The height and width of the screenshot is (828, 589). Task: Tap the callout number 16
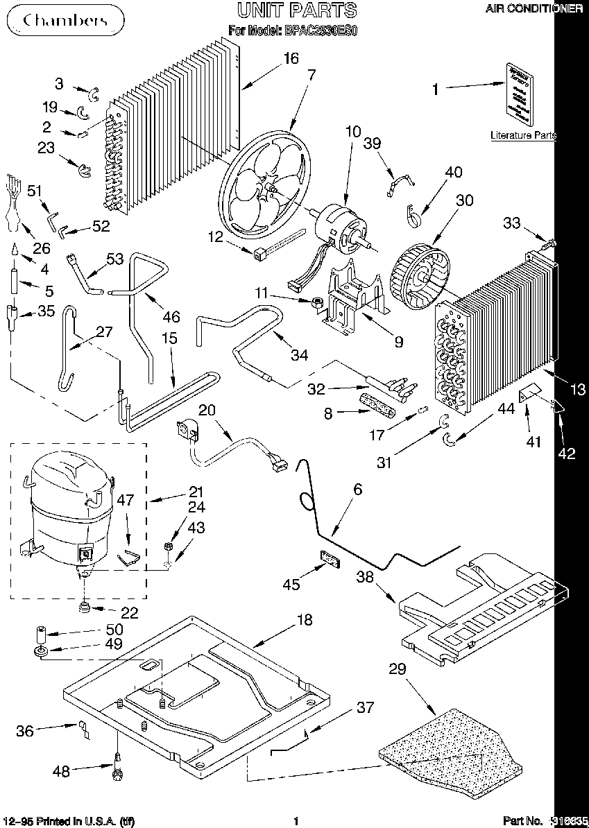291,58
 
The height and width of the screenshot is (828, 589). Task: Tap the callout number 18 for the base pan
305,620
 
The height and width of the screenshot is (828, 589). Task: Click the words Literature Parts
523,136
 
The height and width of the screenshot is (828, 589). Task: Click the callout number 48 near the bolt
62,770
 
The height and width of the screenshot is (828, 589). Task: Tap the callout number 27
104,331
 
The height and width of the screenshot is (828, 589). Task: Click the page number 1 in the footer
296,822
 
